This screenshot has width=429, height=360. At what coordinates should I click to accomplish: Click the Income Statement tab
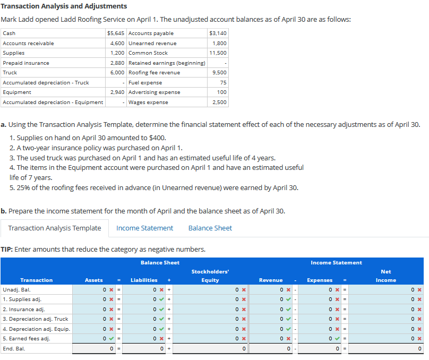tap(144, 228)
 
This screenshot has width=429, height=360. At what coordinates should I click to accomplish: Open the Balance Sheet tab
tap(210, 228)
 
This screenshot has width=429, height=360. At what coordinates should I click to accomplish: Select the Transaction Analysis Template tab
tap(54, 228)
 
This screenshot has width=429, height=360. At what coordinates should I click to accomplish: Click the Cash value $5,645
tap(116, 33)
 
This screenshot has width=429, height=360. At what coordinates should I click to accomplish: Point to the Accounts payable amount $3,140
tap(218, 33)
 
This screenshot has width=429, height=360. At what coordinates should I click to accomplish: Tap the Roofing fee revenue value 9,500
tap(219, 72)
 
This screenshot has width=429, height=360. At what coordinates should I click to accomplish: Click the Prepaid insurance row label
tap(26, 63)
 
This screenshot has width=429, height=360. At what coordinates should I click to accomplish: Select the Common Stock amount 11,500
tap(218, 53)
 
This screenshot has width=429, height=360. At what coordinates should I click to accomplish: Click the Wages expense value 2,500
tap(219, 102)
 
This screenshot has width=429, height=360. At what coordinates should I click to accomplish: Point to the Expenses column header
tap(320, 280)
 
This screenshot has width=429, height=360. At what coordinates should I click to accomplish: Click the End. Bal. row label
tap(14, 349)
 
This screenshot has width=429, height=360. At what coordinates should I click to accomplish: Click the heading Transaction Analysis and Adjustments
tap(64, 6)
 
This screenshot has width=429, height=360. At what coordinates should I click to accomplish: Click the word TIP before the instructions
tap(6, 249)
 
